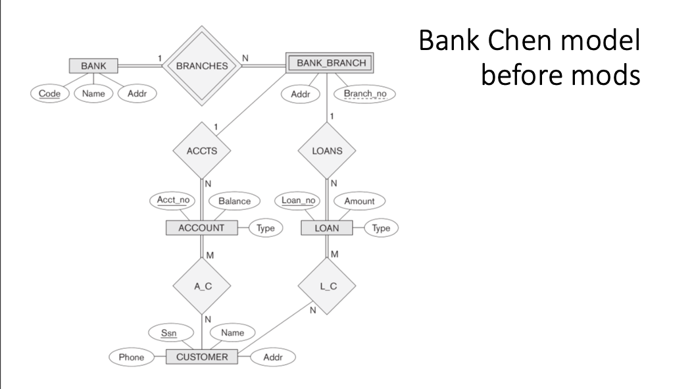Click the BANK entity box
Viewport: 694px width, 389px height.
(x=93, y=66)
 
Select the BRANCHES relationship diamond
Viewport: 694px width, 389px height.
(x=203, y=66)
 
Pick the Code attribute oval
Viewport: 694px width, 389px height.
(x=50, y=93)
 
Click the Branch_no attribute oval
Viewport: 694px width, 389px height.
(x=365, y=93)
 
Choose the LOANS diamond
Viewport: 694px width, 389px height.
(x=327, y=150)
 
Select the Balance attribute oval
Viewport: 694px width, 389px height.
(x=235, y=200)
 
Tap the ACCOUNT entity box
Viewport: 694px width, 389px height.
(x=201, y=228)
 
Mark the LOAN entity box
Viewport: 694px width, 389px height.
(x=327, y=228)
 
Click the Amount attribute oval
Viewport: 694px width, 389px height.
(x=359, y=200)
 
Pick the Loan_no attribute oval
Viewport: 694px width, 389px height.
(x=298, y=200)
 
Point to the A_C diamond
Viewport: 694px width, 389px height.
(x=201, y=286)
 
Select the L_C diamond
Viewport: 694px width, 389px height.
(x=327, y=286)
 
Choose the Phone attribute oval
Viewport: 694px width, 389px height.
(x=132, y=357)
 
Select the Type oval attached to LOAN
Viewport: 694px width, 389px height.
(x=381, y=228)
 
